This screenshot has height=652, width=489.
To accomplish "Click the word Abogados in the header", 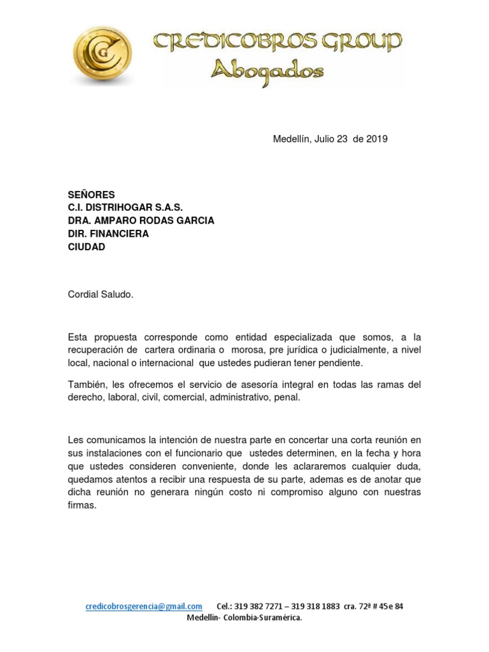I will click(267, 71).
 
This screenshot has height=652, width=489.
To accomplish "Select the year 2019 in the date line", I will click(377, 139).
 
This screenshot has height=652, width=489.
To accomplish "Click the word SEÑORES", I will click(92, 194).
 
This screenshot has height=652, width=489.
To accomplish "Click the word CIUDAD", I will click(87, 247).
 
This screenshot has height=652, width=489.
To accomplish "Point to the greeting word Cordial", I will click(85, 295).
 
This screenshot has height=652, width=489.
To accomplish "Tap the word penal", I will click(286, 398).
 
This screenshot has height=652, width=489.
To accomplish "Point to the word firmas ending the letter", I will click(81, 506).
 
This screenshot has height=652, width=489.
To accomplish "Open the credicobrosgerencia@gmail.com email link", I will click(144, 606).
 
